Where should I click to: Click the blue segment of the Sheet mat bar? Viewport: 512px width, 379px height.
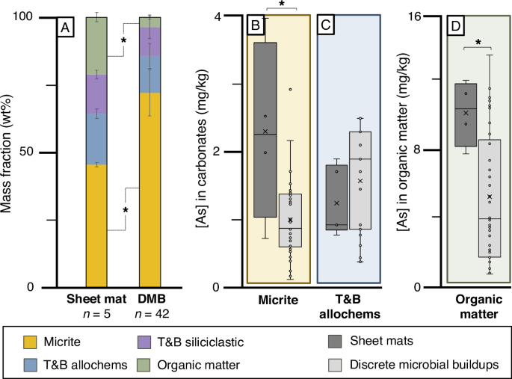97,138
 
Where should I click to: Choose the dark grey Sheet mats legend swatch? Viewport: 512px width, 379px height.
338,341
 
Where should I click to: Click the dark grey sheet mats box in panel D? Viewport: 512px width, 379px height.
466,114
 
